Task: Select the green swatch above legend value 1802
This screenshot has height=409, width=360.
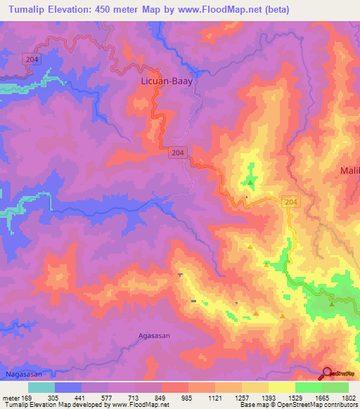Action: pyautogui.click(x=335, y=387)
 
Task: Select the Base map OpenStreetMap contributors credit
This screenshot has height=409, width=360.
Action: pyautogui.click(x=298, y=405)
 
